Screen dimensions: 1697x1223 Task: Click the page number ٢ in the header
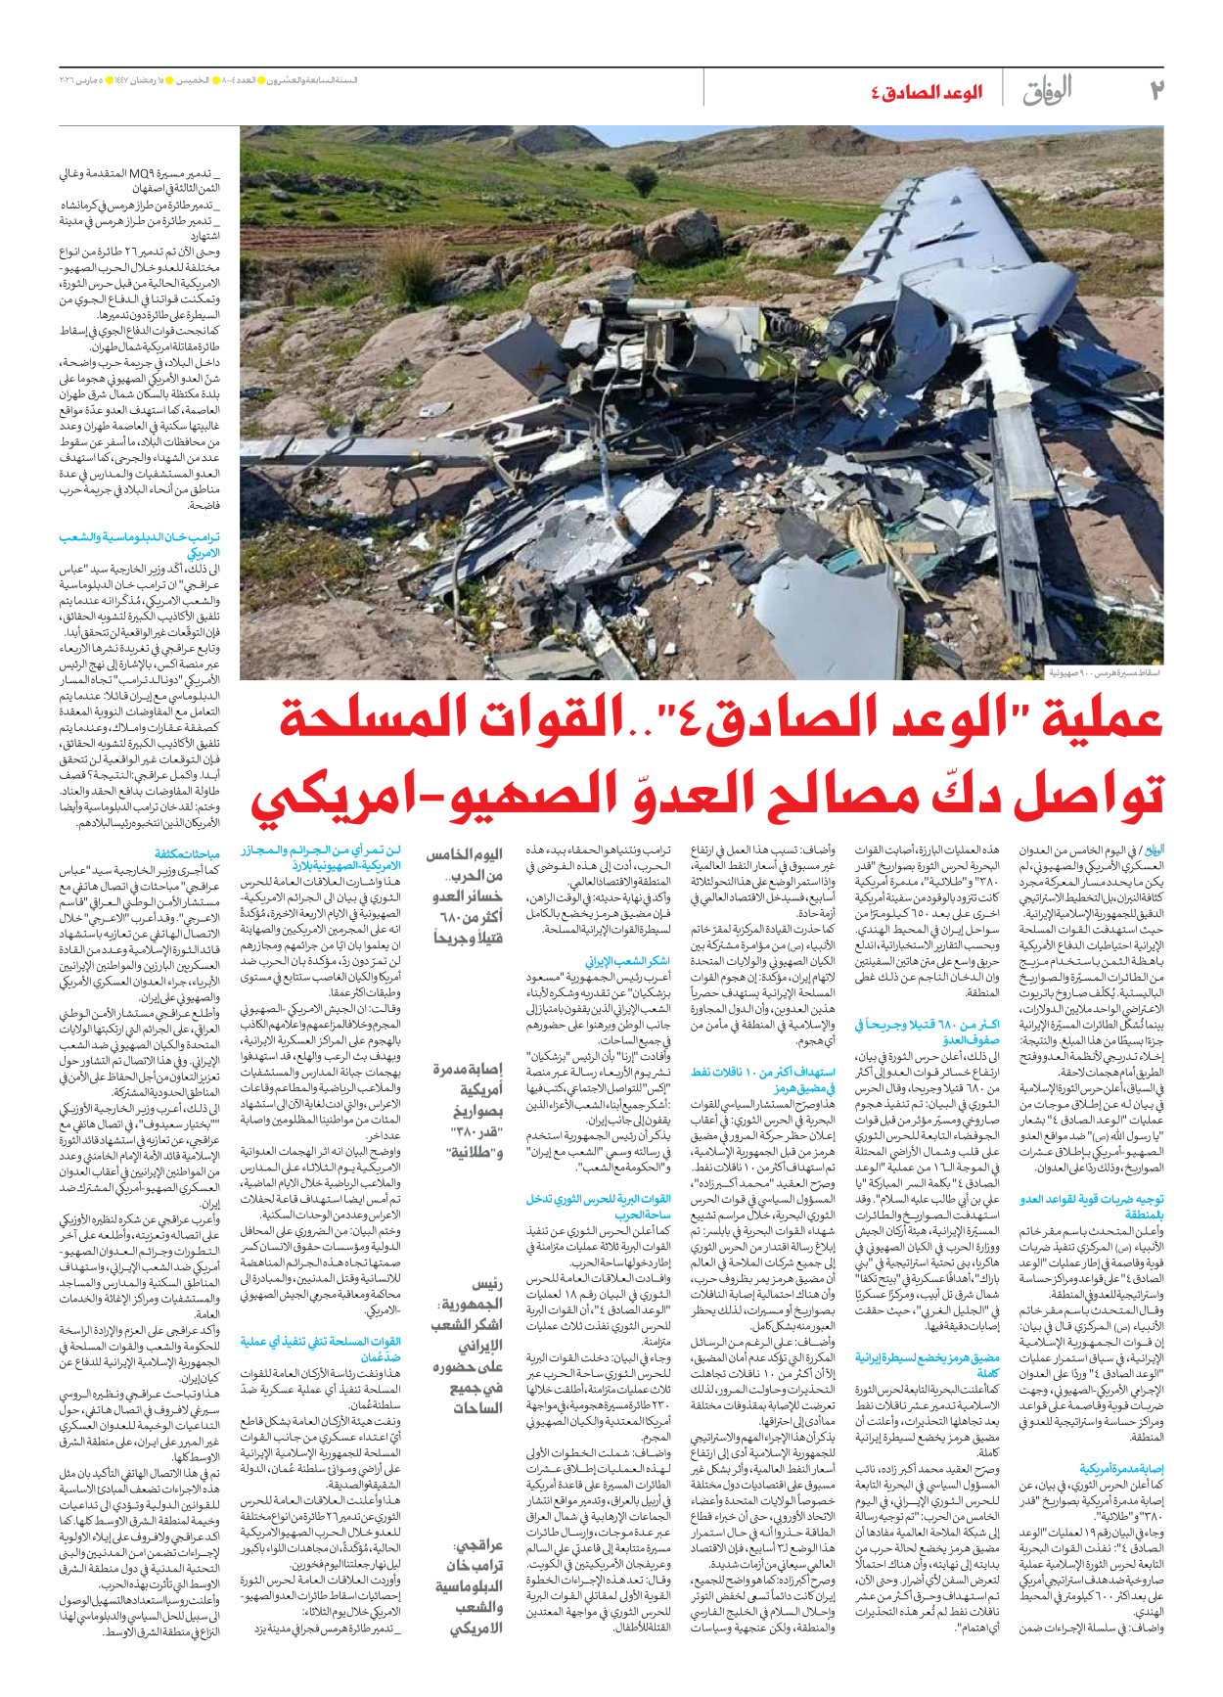coord(1155,90)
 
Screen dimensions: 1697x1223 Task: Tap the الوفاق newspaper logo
coord(1048,91)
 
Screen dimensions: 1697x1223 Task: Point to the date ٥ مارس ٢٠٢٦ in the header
coord(89,80)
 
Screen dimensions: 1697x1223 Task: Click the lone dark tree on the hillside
coord(642,179)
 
